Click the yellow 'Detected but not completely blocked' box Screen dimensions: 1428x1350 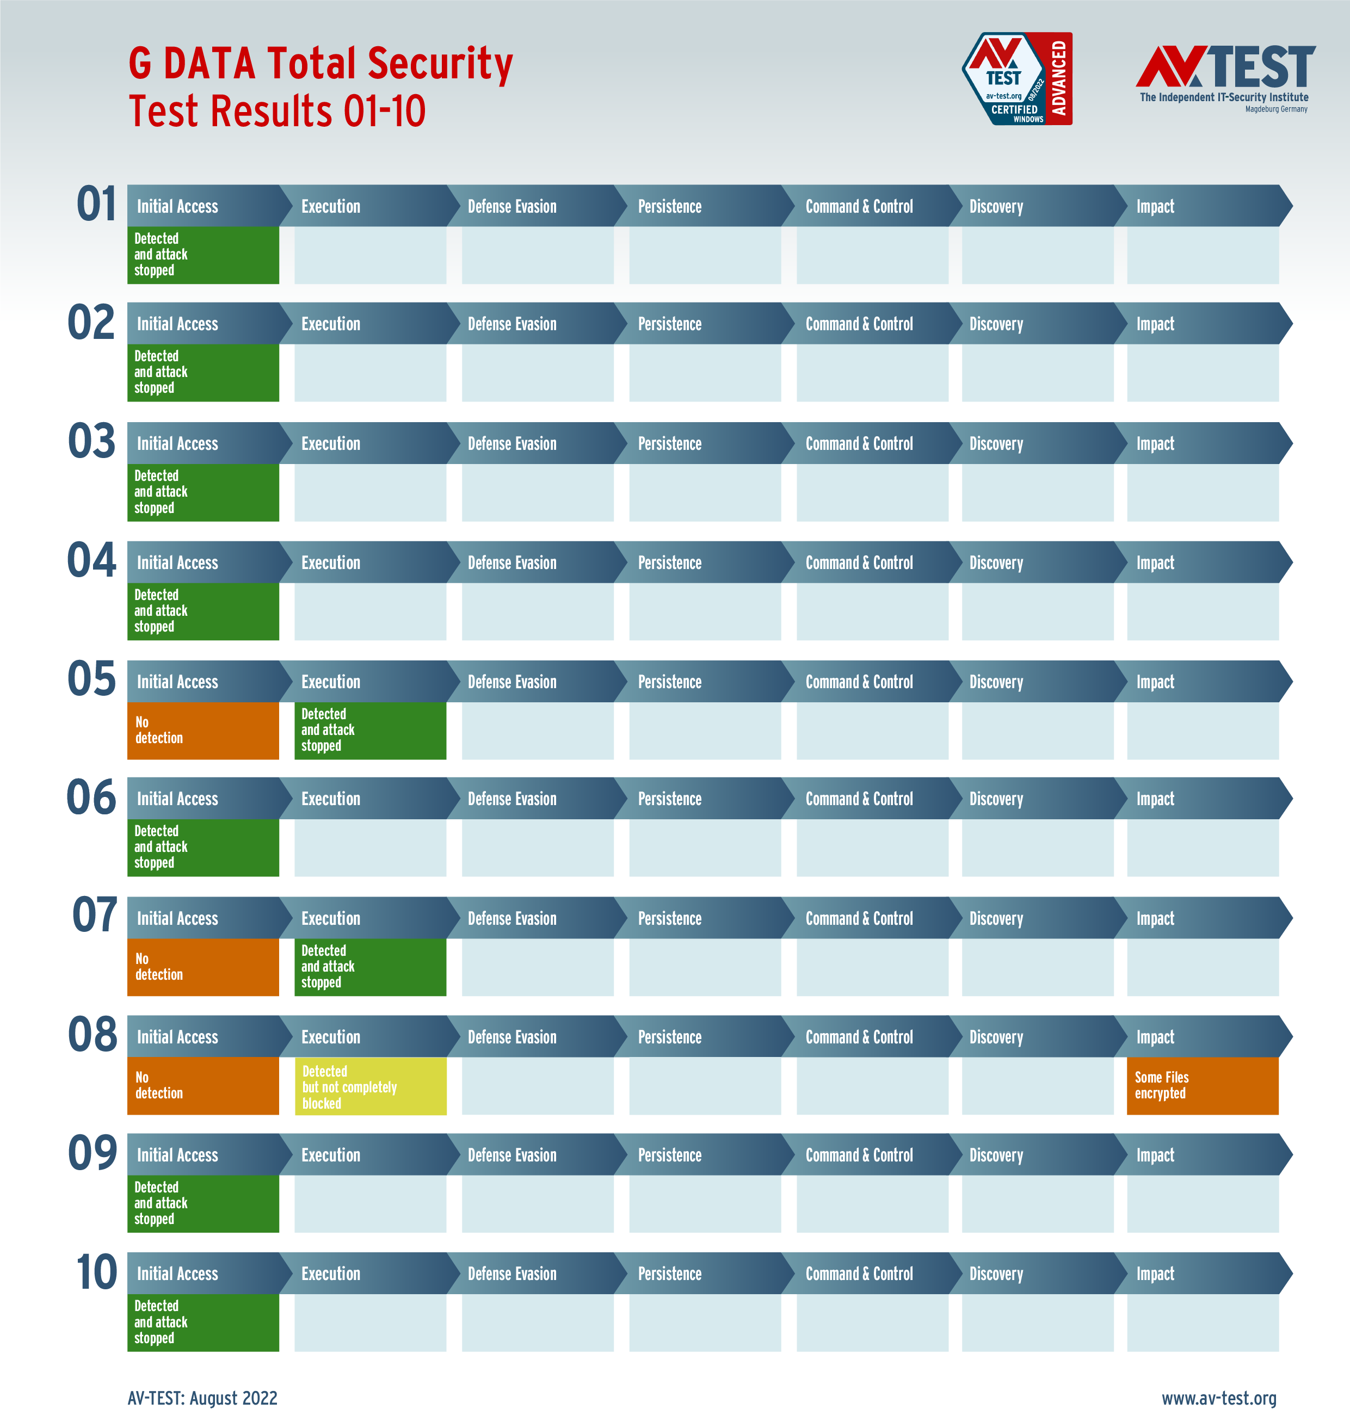[x=370, y=1086]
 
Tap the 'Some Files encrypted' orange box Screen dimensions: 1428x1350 [x=1202, y=1086]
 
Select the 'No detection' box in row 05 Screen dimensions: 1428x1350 [x=203, y=730]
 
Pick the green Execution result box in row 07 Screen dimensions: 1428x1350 [x=370, y=967]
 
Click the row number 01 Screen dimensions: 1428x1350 [x=96, y=205]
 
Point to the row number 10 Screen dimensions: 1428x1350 [x=96, y=1272]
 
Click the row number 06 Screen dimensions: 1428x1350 [x=91, y=797]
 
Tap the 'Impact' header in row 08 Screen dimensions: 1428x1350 [x=1155, y=1037]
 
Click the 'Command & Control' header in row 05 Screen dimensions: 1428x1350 [x=859, y=682]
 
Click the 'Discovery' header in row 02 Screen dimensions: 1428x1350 [x=996, y=324]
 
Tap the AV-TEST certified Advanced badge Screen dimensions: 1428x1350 [x=1017, y=79]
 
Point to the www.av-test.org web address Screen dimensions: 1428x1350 [x=1218, y=1398]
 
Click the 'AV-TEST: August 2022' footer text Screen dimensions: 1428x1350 [x=202, y=1398]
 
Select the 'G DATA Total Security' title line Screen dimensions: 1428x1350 [x=320, y=63]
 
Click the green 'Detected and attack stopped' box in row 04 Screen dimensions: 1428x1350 [x=203, y=611]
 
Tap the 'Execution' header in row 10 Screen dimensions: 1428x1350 [x=331, y=1274]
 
